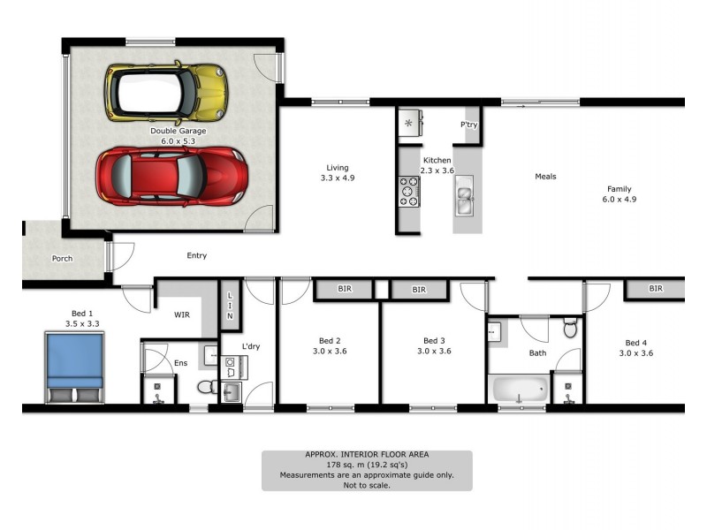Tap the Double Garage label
178,131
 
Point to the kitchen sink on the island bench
464,194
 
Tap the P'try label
468,125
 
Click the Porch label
62,259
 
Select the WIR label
182,314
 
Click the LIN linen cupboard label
229,305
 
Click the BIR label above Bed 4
655,289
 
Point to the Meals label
545,177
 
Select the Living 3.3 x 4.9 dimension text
337,178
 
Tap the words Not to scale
366,485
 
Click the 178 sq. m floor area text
366,465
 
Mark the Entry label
196,256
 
